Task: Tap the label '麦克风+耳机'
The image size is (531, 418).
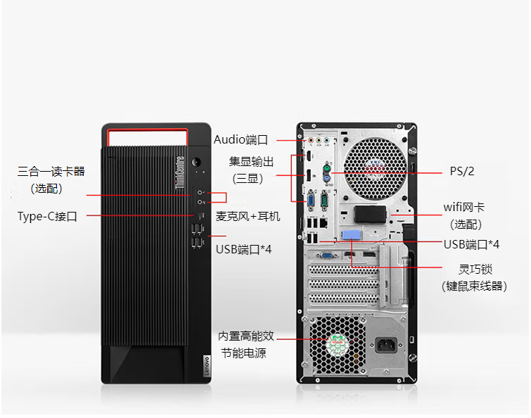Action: pos(248,216)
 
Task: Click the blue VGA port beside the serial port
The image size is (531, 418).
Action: pos(310,201)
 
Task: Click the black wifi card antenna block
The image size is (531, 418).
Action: pos(370,213)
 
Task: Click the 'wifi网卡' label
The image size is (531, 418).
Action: pos(463,208)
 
